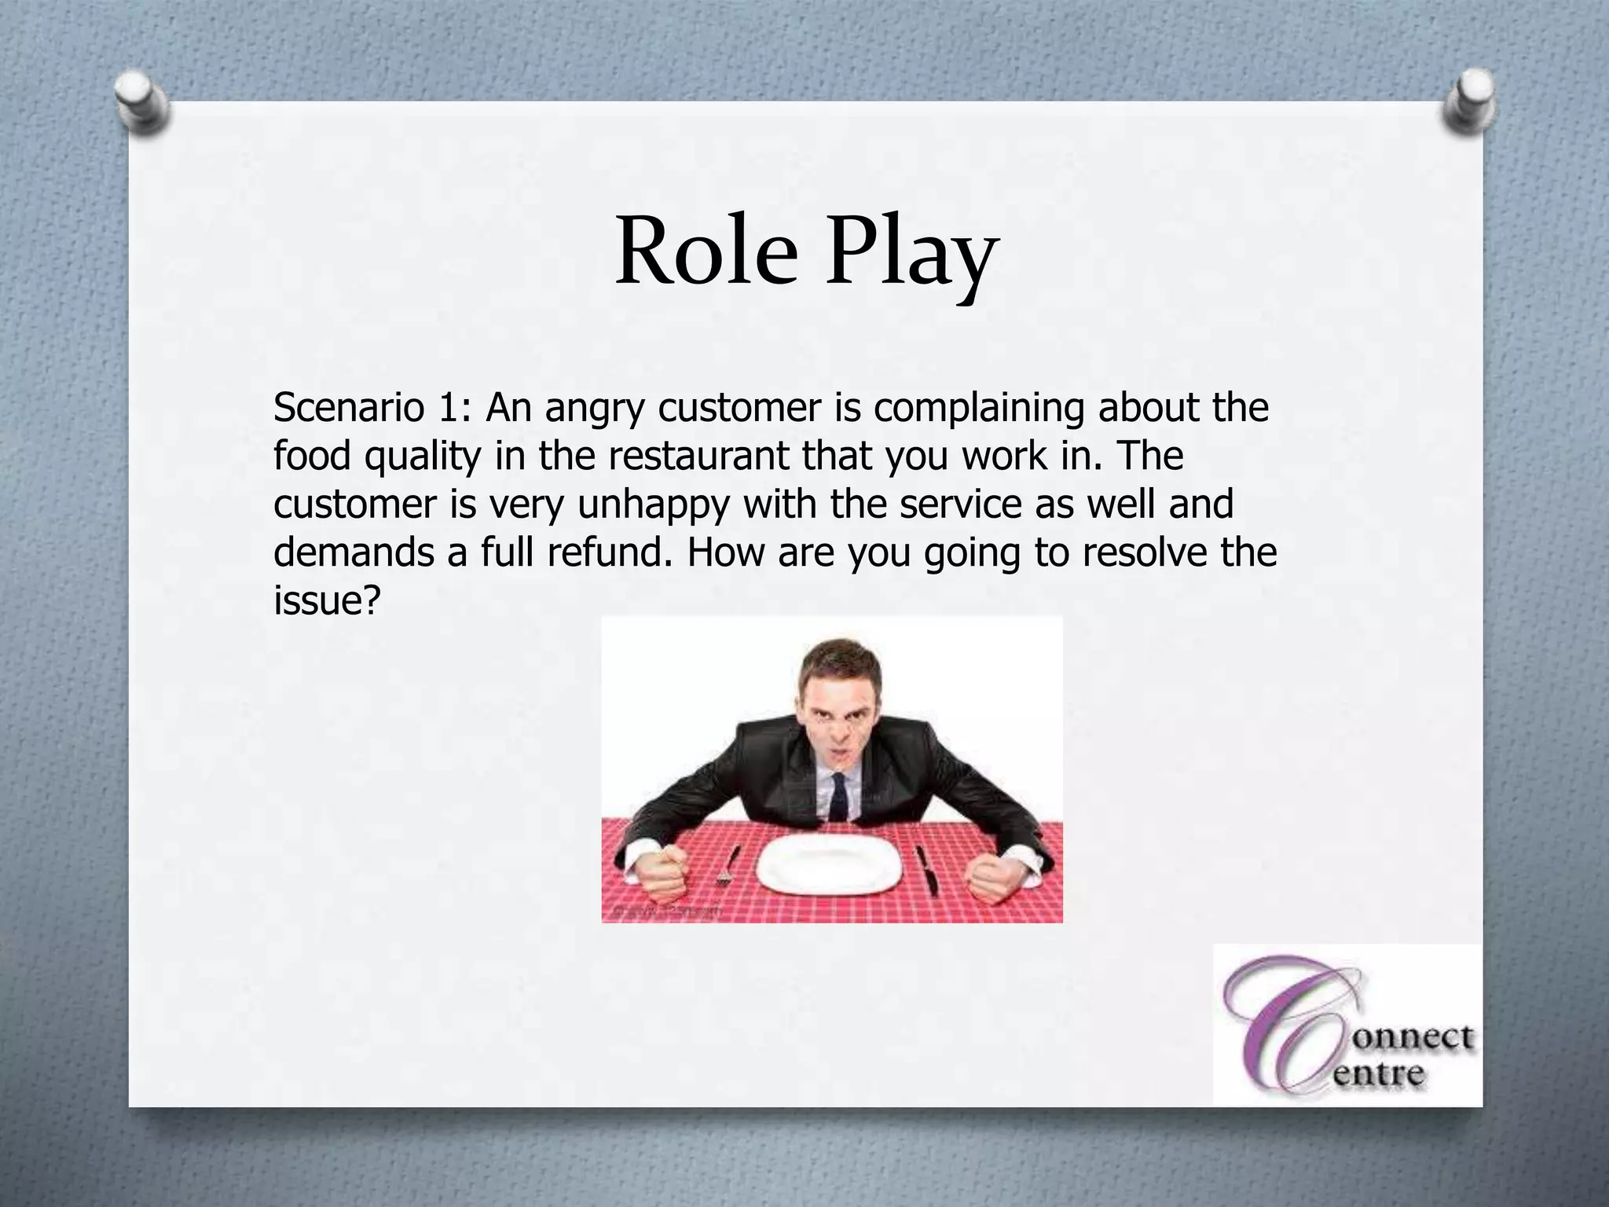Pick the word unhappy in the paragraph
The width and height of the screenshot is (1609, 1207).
pyautogui.click(x=654, y=505)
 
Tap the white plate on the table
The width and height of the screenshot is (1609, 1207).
pyautogui.click(x=829, y=864)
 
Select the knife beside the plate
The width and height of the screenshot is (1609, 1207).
pyautogui.click(x=927, y=869)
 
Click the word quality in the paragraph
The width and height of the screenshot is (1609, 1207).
pyautogui.click(x=421, y=458)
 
